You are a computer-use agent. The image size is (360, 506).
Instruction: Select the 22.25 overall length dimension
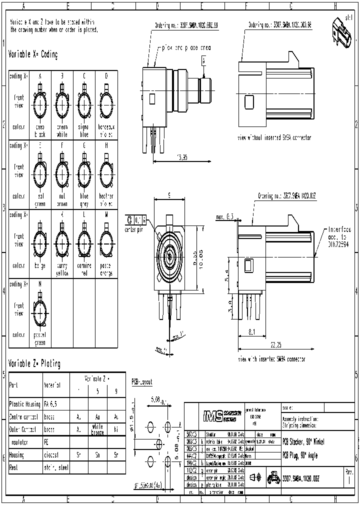pyautogui.click(x=275, y=344)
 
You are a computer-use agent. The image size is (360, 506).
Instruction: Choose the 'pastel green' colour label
pyautogui.click(x=39, y=339)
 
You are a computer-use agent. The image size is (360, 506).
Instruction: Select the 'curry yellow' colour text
pyautogui.click(x=62, y=270)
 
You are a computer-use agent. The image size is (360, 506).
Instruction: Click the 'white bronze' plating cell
pyautogui.click(x=97, y=429)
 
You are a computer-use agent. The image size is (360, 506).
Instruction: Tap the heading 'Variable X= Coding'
pyautogui.click(x=33, y=54)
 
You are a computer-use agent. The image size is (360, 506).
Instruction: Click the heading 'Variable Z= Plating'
pyautogui.click(x=34, y=364)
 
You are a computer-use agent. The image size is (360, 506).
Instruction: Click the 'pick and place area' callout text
pyautogui.click(x=186, y=48)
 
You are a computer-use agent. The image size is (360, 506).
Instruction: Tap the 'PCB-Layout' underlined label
pyautogui.click(x=141, y=381)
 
